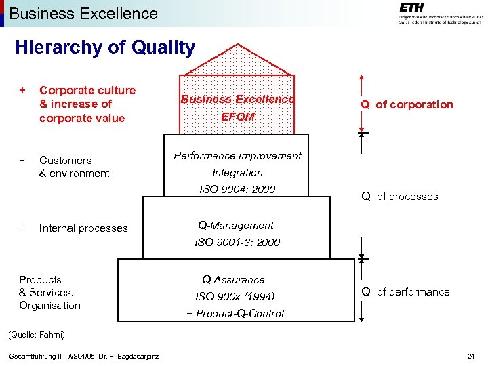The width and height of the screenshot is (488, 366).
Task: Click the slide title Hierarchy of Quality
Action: click(105, 47)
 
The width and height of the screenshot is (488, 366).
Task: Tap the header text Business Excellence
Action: click(83, 13)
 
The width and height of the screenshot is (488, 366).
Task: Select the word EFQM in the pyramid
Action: click(237, 117)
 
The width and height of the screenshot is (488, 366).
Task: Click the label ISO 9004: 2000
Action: click(237, 189)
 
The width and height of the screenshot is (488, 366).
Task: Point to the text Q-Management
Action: click(236, 225)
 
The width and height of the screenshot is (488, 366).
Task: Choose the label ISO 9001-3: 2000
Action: click(237, 242)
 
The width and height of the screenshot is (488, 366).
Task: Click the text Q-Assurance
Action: click(233, 279)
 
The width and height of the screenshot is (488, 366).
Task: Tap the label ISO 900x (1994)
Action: click(235, 296)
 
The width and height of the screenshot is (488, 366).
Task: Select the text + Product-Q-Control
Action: click(235, 313)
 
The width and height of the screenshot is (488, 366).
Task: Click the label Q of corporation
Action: click(407, 104)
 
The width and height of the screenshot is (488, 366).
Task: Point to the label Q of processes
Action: click(399, 197)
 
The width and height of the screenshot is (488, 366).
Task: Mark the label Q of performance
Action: click(405, 292)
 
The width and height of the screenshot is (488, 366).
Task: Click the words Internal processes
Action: click(83, 228)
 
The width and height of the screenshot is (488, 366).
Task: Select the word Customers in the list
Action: click(66, 161)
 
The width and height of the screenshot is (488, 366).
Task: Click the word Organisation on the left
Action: click(49, 305)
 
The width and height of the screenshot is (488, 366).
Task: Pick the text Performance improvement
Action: click(237, 155)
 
